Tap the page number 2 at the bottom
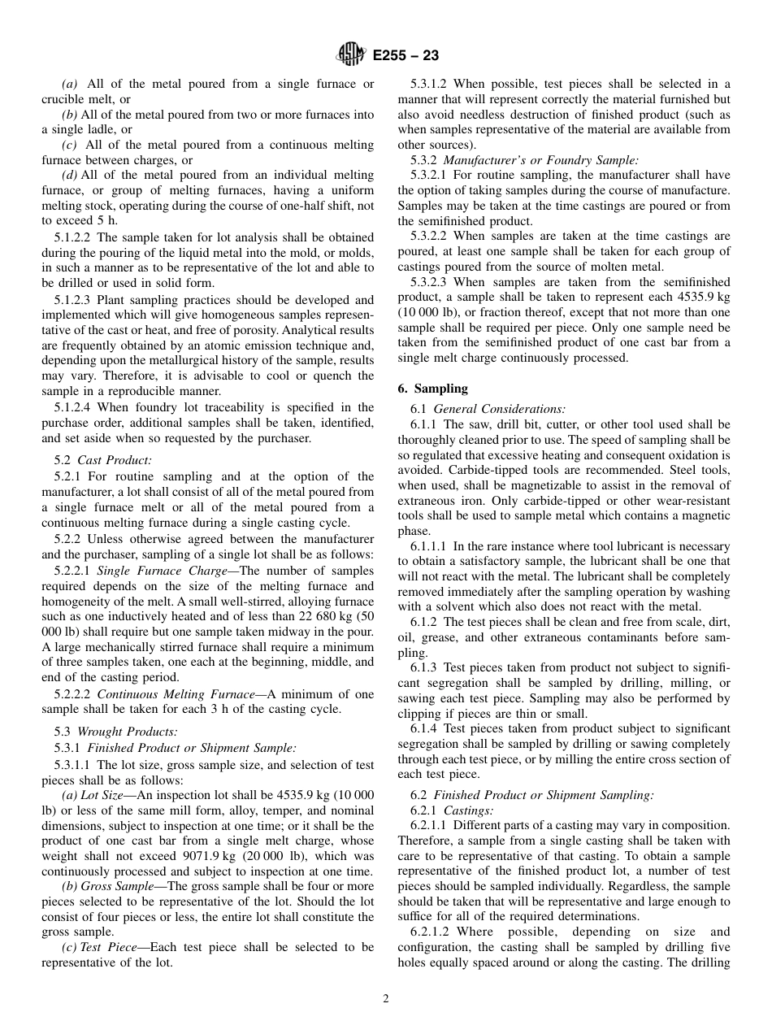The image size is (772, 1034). [x=386, y=999]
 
